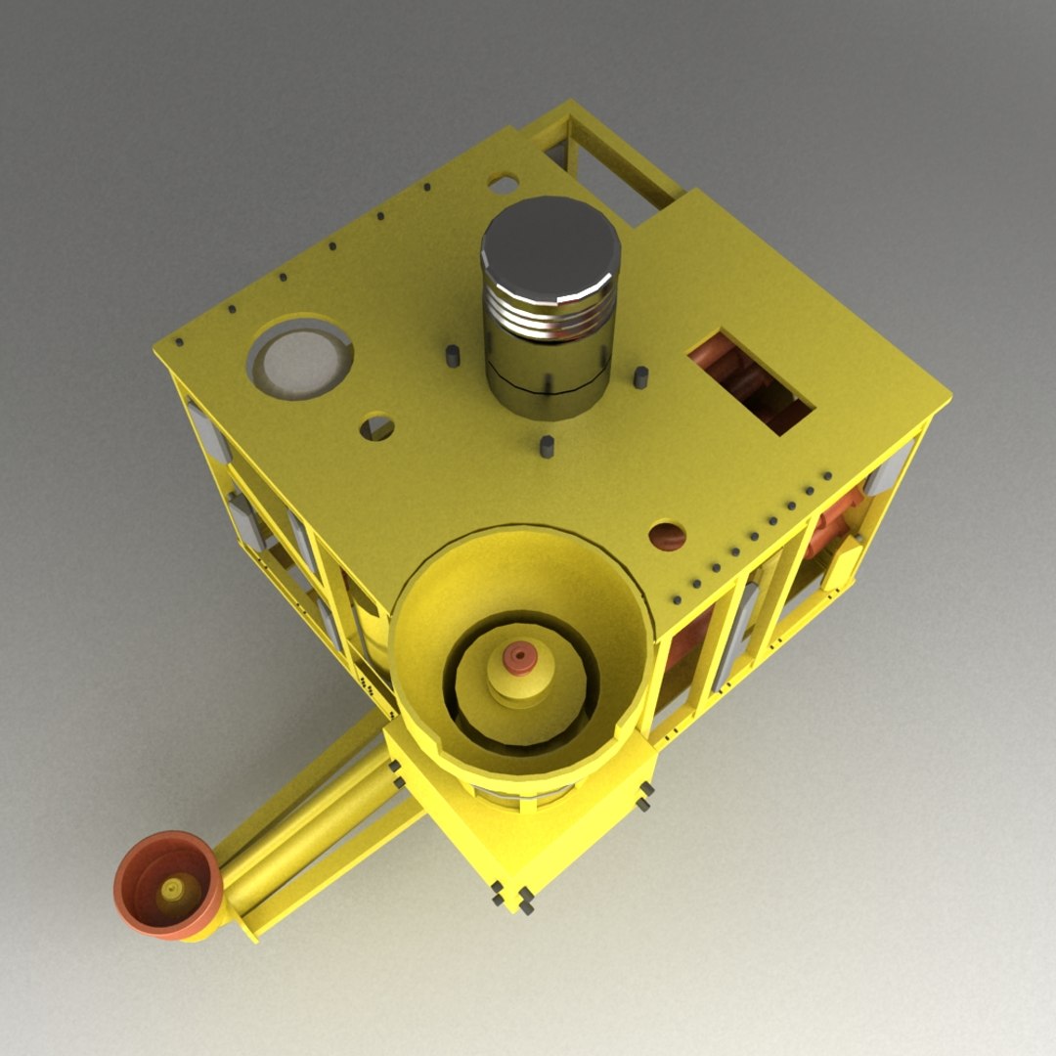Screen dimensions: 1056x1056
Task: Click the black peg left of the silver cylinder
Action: [x=453, y=356]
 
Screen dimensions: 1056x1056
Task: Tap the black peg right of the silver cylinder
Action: [x=640, y=376]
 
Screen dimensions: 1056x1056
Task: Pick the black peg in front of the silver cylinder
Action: [x=547, y=447]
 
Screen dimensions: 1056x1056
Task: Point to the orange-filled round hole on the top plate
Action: [x=667, y=535]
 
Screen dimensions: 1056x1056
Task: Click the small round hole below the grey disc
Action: [x=376, y=427]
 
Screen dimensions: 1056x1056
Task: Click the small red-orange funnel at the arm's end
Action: [x=166, y=885]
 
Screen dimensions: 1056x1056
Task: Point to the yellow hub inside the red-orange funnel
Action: [x=173, y=889]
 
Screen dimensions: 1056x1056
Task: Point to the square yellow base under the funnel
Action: [x=548, y=831]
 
